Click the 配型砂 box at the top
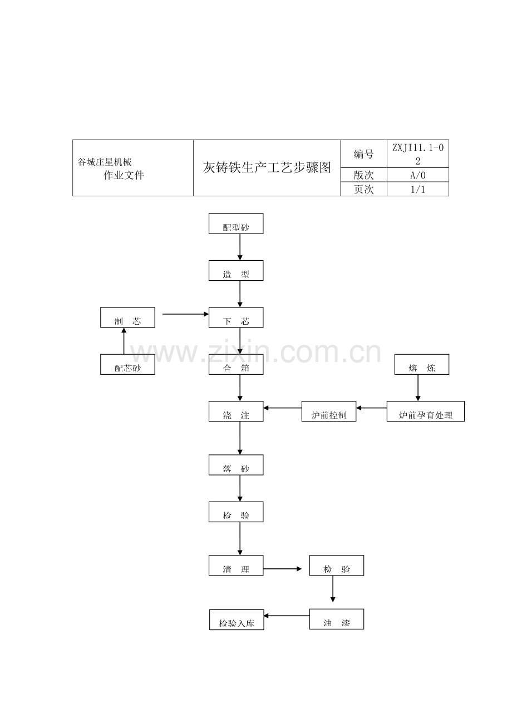pos(236,224)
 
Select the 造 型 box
pos(236,271)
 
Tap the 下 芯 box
pos(236,318)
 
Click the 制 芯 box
pos(127,318)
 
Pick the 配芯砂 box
pos(127,364)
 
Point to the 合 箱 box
pos(236,364)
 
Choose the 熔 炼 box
pos(421,364)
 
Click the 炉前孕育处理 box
pos(425,411)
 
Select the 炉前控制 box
pos(328,411)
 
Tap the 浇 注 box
pos(236,411)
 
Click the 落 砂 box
pos(236,465)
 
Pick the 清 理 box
pos(236,566)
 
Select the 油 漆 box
pos(336,619)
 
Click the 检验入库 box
pos(237,619)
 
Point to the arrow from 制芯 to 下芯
pos(186,314)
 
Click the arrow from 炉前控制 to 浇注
pos(282,408)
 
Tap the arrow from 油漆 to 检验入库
pos(287,616)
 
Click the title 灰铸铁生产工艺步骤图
pos(267,167)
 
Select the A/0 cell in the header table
pos(417,175)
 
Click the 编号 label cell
pos(363,154)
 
